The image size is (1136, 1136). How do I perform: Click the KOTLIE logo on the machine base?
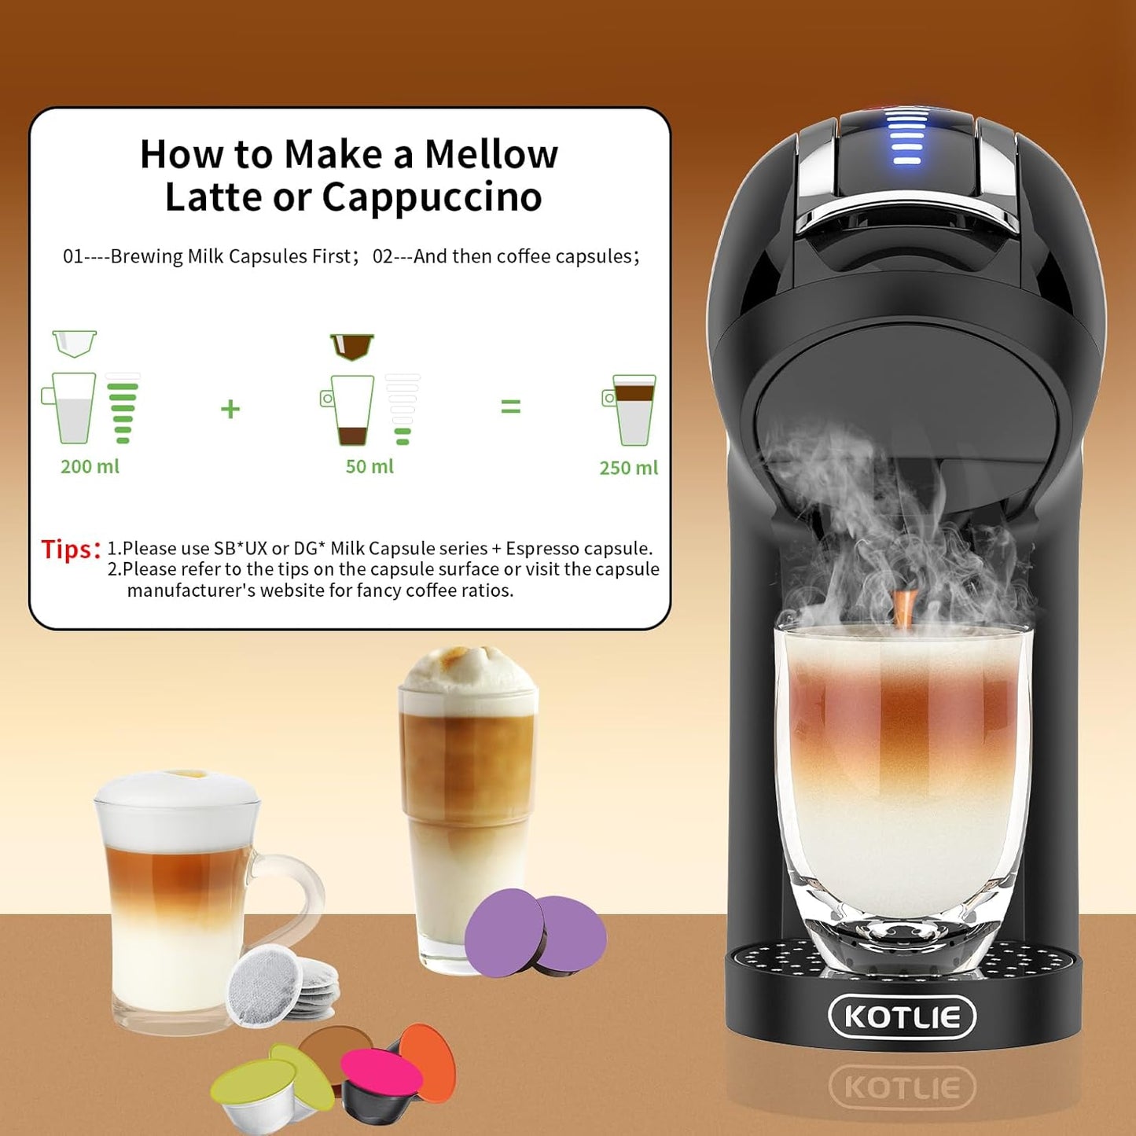pyautogui.click(x=902, y=1017)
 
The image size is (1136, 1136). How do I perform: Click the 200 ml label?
pyautogui.click(x=90, y=466)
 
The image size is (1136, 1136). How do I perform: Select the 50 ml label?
pyautogui.click(x=369, y=466)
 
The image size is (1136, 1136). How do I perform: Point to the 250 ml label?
pyautogui.click(x=628, y=468)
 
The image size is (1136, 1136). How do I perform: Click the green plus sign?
pyautogui.click(x=230, y=409)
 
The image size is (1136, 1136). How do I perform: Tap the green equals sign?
pyautogui.click(x=511, y=406)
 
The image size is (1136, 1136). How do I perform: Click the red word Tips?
pyautogui.click(x=71, y=549)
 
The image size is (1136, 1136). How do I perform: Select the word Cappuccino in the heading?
pyautogui.click(x=432, y=197)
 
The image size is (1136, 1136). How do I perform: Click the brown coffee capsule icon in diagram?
pyautogui.click(x=351, y=345)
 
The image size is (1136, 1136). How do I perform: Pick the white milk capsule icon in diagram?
pyautogui.click(x=75, y=344)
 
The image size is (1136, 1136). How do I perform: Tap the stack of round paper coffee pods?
pyautogui.click(x=279, y=987)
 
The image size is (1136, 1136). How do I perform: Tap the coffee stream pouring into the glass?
pyautogui.click(x=903, y=609)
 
